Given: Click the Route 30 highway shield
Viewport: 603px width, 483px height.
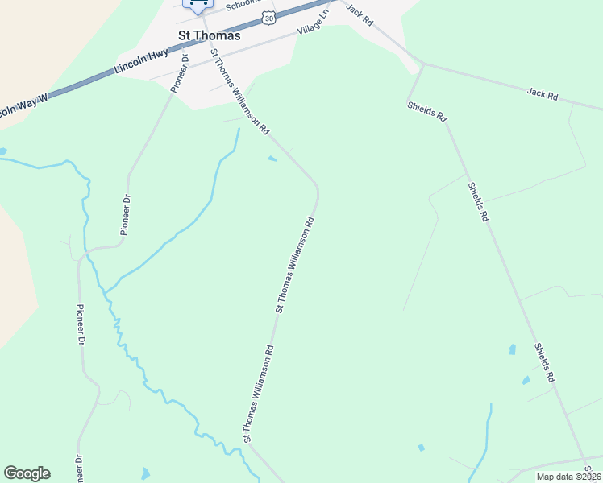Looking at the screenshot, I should pyautogui.click(x=267, y=19).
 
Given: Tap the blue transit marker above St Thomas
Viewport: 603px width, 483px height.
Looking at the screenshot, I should pyautogui.click(x=197, y=5).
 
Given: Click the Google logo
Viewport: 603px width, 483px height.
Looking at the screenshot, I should pyautogui.click(x=27, y=473).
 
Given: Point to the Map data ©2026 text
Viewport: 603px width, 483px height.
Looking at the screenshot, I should pyautogui.click(x=568, y=477).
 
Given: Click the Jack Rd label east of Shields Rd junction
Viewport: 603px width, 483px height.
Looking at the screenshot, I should pyautogui.click(x=543, y=94).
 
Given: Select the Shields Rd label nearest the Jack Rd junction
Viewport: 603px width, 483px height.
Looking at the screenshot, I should pyautogui.click(x=426, y=111).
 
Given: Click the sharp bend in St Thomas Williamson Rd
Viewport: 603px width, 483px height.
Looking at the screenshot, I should pyautogui.click(x=317, y=190).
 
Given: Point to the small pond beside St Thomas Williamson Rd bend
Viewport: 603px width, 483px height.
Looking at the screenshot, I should pyautogui.click(x=272, y=159).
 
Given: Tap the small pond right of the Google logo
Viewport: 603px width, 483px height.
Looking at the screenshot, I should pyautogui.click(x=145, y=473).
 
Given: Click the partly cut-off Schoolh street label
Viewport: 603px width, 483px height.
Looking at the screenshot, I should pyautogui.click(x=239, y=5).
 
